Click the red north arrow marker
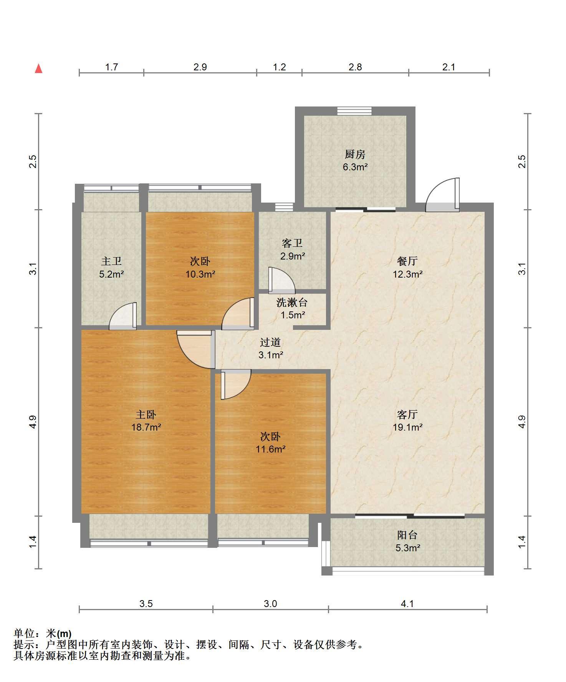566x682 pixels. click(x=38, y=68)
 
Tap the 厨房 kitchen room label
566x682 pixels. click(x=355, y=155)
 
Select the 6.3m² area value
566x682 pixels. click(x=355, y=167)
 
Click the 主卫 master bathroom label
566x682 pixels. click(x=111, y=261)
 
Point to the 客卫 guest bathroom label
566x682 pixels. click(x=292, y=243)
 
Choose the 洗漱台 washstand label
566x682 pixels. click(x=292, y=303)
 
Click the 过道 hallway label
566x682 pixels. click(x=270, y=342)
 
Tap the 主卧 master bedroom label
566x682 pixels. click(x=146, y=414)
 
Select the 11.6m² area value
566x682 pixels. click(x=271, y=449)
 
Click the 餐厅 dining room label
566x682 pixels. click(x=407, y=261)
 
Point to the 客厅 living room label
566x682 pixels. click(x=407, y=414)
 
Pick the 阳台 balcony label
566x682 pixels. click(x=407, y=535)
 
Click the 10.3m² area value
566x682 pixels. click(x=200, y=274)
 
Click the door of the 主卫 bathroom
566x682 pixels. click(x=123, y=316)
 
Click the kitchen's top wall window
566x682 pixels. click(x=354, y=111)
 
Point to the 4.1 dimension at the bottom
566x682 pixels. click(x=407, y=604)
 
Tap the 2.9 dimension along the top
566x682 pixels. click(x=200, y=67)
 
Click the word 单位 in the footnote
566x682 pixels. click(x=24, y=633)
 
